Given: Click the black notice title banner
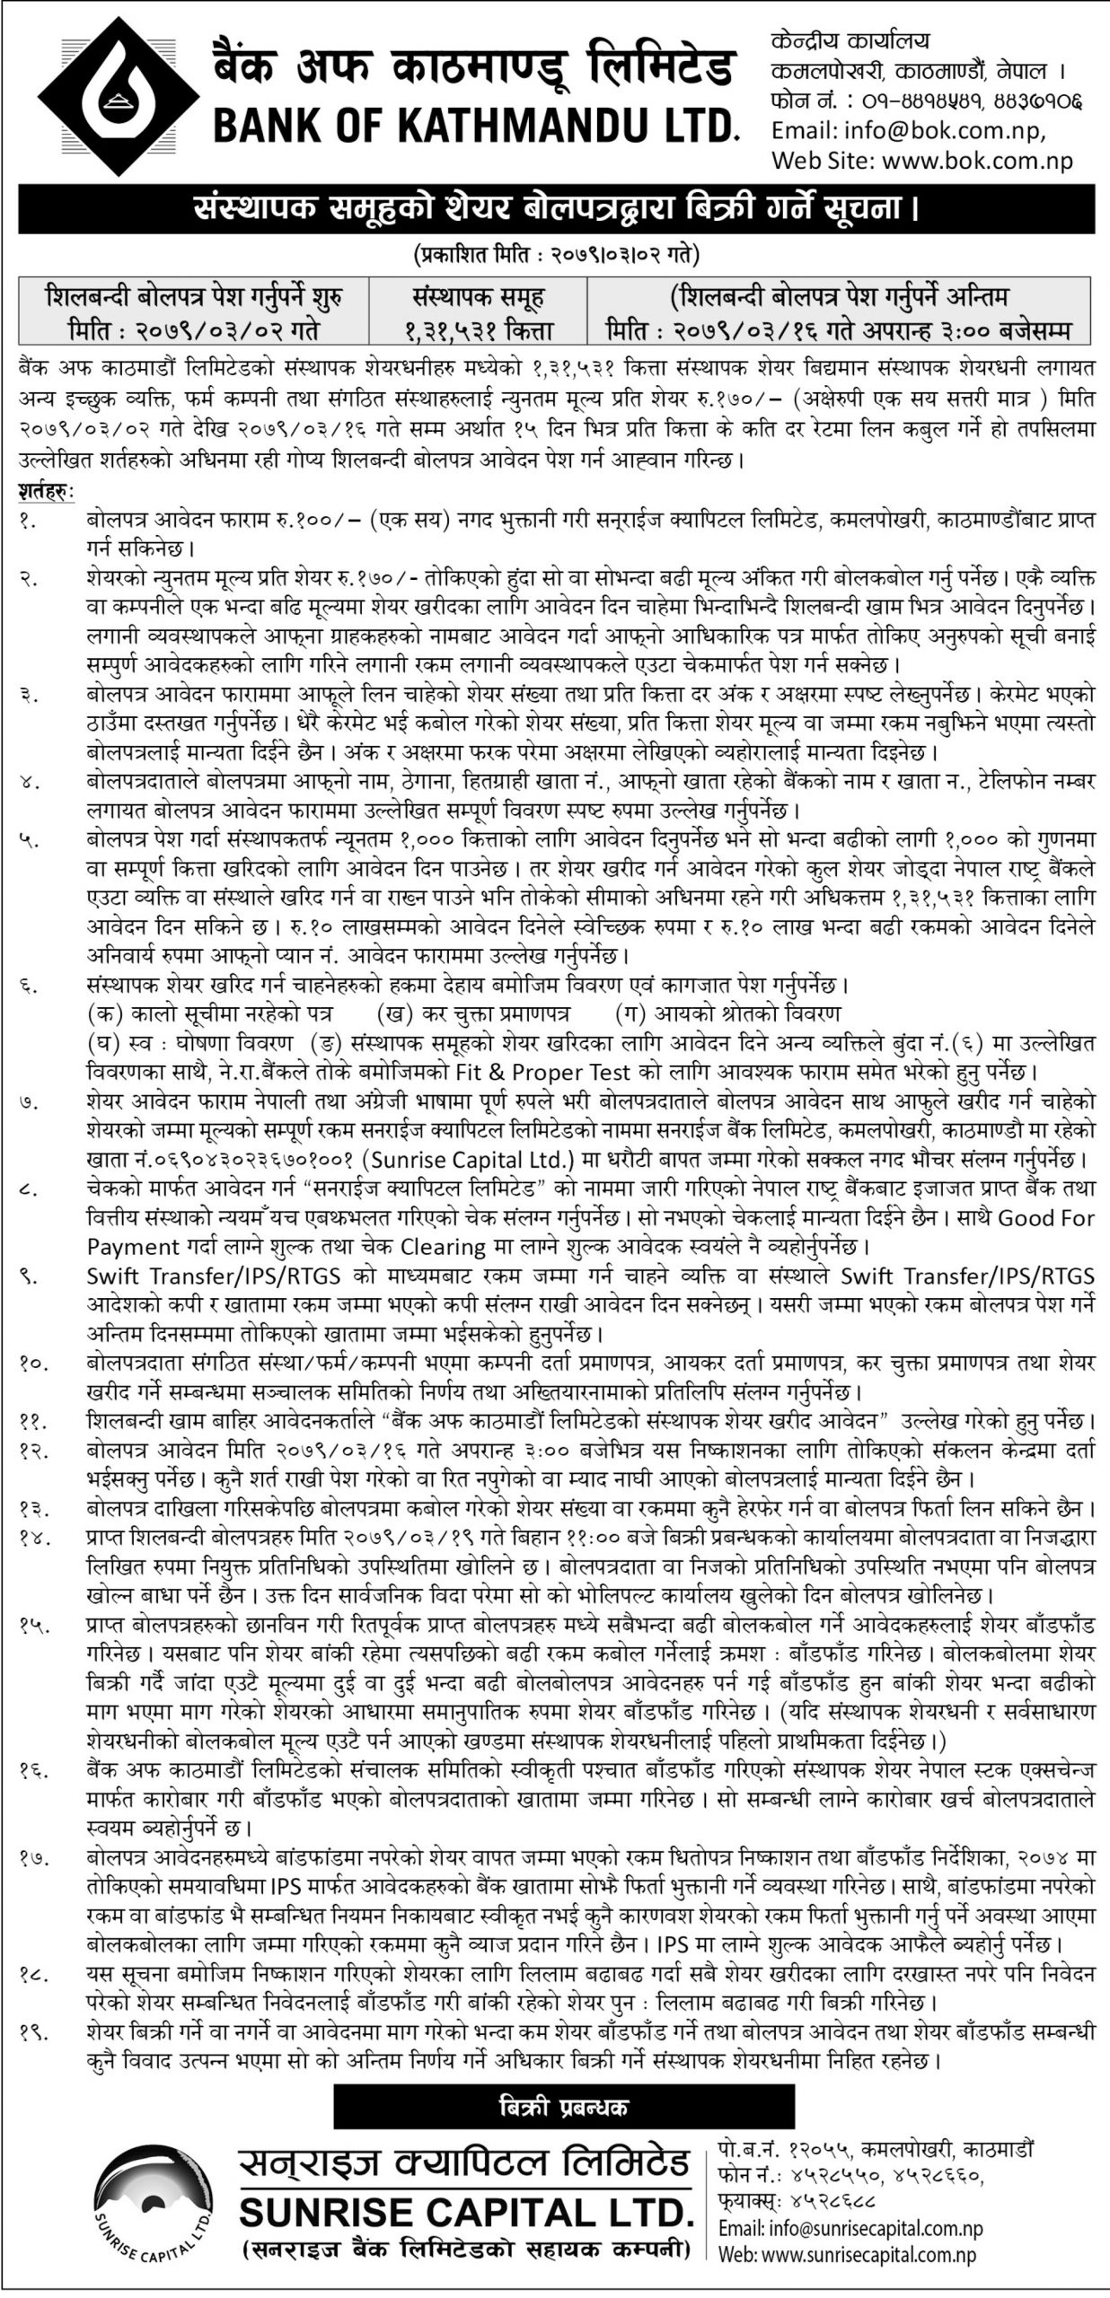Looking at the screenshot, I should click(555, 211).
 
